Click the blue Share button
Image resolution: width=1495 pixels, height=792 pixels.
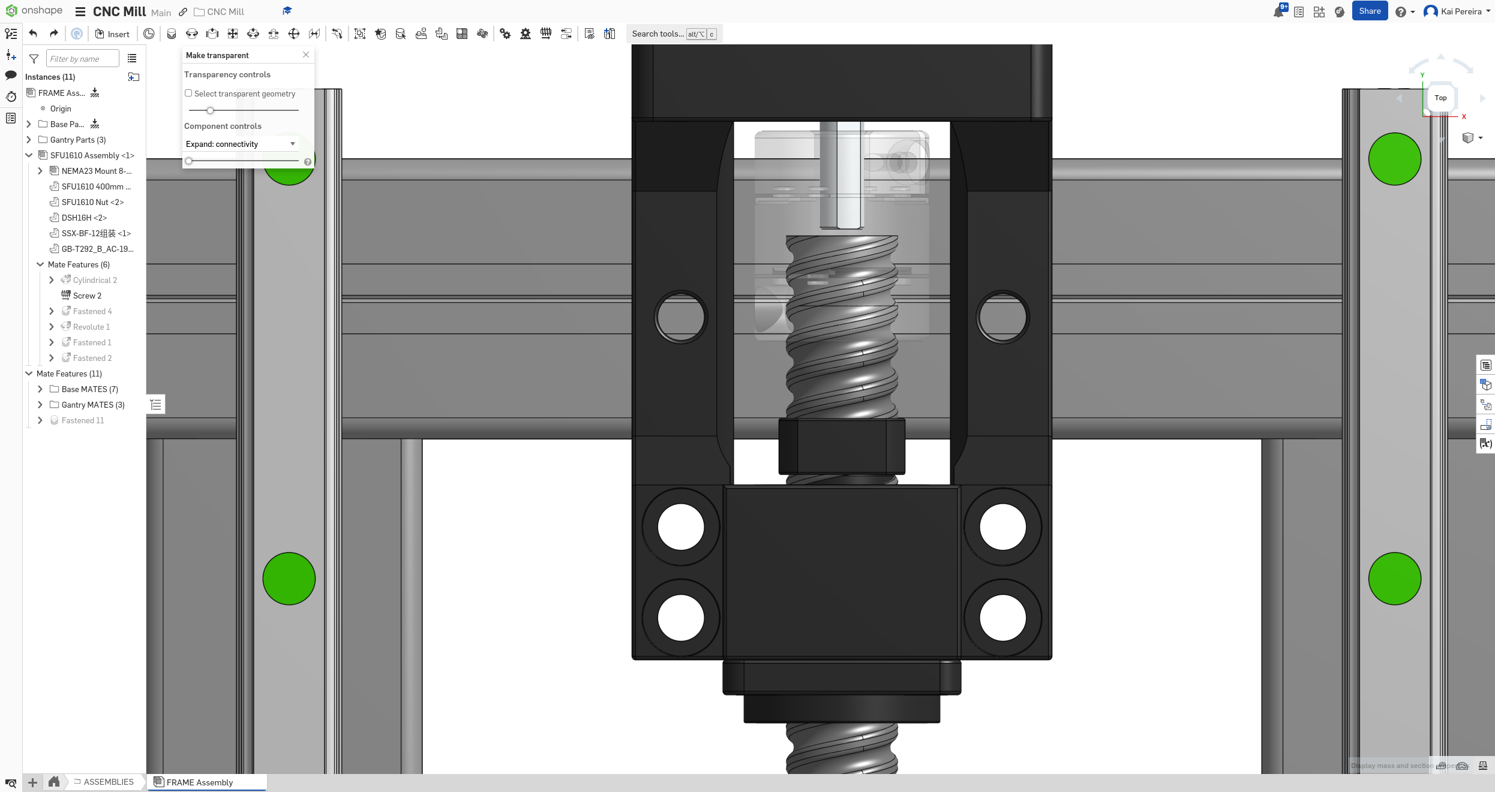1370,11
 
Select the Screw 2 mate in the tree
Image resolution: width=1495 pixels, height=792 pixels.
87,296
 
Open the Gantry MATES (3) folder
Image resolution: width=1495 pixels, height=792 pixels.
92,405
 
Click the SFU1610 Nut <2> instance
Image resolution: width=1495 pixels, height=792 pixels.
92,202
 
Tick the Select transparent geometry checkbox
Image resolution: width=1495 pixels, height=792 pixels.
188,94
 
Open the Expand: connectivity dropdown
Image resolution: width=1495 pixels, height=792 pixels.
241,144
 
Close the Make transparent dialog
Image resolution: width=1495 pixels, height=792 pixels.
306,55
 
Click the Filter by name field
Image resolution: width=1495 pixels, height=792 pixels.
82,59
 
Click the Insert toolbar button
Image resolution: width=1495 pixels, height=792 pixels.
112,34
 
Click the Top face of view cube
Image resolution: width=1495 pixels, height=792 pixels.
1440,98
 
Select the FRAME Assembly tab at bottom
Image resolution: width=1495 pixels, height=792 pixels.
199,782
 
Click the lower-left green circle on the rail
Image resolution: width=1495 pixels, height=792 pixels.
289,579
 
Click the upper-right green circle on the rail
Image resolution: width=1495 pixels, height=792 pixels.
1394,159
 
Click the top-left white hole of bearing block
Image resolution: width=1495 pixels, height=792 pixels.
681,527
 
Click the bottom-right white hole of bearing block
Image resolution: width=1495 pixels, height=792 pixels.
1002,618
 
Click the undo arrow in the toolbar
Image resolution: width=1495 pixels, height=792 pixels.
34,34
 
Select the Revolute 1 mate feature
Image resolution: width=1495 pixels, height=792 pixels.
91,327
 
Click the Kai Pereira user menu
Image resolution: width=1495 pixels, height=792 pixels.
1457,11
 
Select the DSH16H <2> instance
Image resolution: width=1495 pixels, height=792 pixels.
84,218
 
